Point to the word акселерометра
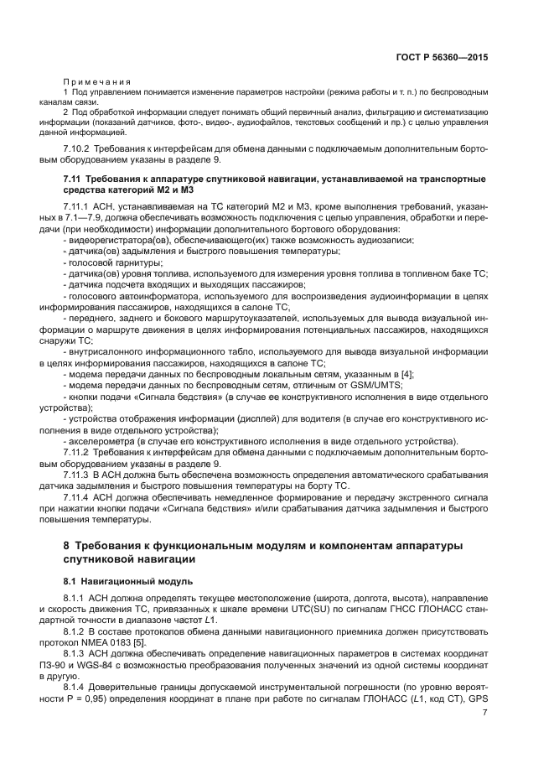pyautogui.click(x=101, y=439)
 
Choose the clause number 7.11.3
pyautogui.click(x=78, y=474)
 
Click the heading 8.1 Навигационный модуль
pyautogui.click(x=116, y=580)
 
